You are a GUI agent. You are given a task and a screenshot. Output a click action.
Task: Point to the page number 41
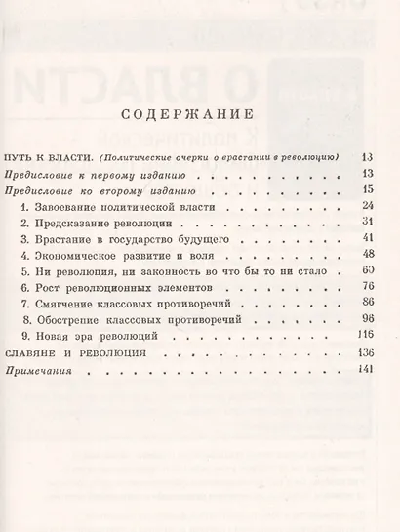pyautogui.click(x=367, y=237)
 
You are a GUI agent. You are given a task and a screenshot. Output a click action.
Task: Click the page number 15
pyautogui.click(x=367, y=188)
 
